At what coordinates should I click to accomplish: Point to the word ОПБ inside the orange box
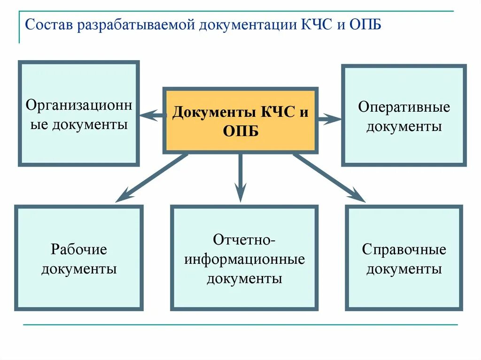click(x=240, y=131)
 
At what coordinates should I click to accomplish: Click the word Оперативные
click(x=404, y=107)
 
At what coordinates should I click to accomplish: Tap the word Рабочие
click(x=79, y=249)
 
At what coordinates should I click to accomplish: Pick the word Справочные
click(x=404, y=249)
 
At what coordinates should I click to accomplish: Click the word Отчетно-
click(x=244, y=240)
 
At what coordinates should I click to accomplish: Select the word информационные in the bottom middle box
click(x=244, y=259)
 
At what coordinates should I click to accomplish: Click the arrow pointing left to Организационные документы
click(x=152, y=115)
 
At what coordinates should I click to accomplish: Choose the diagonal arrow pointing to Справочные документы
click(x=329, y=178)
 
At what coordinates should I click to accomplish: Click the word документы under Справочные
click(x=404, y=269)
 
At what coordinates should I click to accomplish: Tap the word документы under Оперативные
click(x=404, y=127)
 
